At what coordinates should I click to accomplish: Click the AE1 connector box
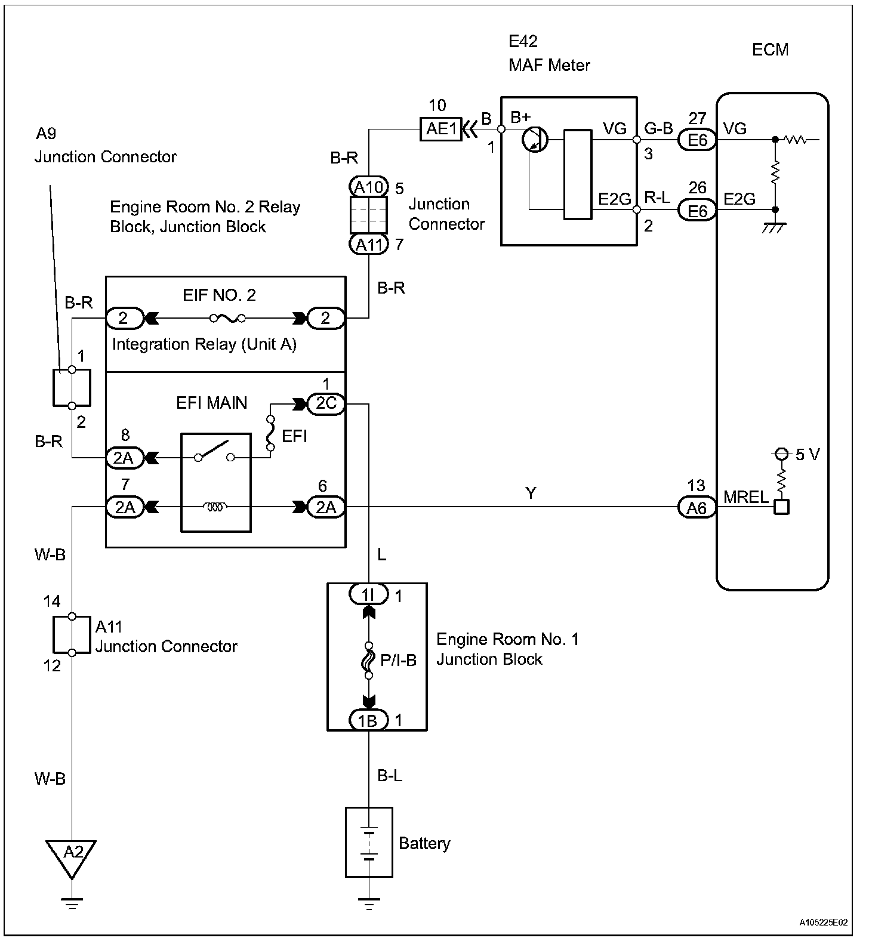441,128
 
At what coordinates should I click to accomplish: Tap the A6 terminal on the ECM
697,507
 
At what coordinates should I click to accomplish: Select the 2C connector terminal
326,403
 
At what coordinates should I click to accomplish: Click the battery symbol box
369,842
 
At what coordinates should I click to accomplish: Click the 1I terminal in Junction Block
368,594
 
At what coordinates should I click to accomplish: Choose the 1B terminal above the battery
368,720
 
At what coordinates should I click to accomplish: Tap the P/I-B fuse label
398,659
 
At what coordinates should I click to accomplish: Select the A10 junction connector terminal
368,187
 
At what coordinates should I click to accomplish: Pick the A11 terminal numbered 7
368,245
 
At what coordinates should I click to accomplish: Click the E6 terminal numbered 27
697,140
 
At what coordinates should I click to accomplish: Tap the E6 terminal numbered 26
697,211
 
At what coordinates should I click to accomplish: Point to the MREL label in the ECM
745,496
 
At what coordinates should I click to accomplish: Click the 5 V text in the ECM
808,455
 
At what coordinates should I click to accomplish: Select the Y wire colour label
531,493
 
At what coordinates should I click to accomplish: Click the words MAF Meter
549,64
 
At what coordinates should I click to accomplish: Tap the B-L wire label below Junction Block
390,775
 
